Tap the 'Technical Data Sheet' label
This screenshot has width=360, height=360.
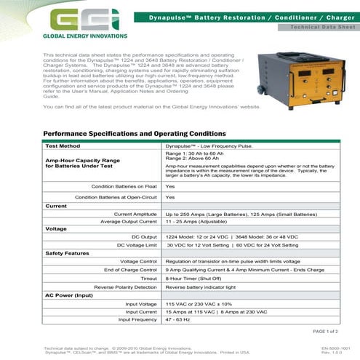(x=310, y=27)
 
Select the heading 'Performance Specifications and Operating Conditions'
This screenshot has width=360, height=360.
(x=134, y=135)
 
